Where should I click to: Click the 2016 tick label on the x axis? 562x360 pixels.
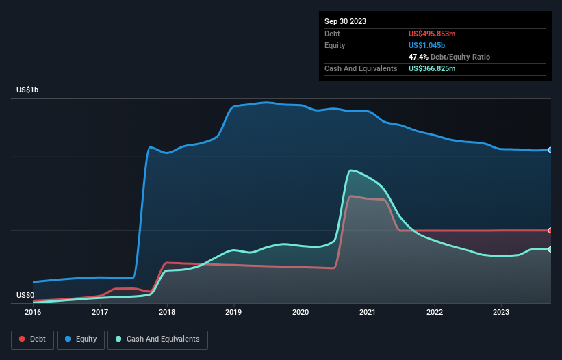tap(33, 312)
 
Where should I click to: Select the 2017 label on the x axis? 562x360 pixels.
tap(100, 312)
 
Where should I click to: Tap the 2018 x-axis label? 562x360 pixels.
tap(167, 312)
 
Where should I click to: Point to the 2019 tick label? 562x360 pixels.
tap(234, 312)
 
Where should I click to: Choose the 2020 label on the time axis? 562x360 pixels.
tap(301, 312)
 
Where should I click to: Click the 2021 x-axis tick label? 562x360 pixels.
tap(368, 312)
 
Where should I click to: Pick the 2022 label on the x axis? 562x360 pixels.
tap(435, 312)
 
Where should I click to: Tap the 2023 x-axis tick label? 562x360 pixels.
tap(502, 312)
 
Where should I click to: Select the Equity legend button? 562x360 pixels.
tap(81, 339)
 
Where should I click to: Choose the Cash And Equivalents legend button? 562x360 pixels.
tap(157, 339)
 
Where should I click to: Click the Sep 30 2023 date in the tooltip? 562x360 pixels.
tap(345, 21)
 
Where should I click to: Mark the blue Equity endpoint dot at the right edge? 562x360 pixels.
tap(550, 150)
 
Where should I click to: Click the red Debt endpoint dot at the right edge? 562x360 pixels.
tap(550, 231)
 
